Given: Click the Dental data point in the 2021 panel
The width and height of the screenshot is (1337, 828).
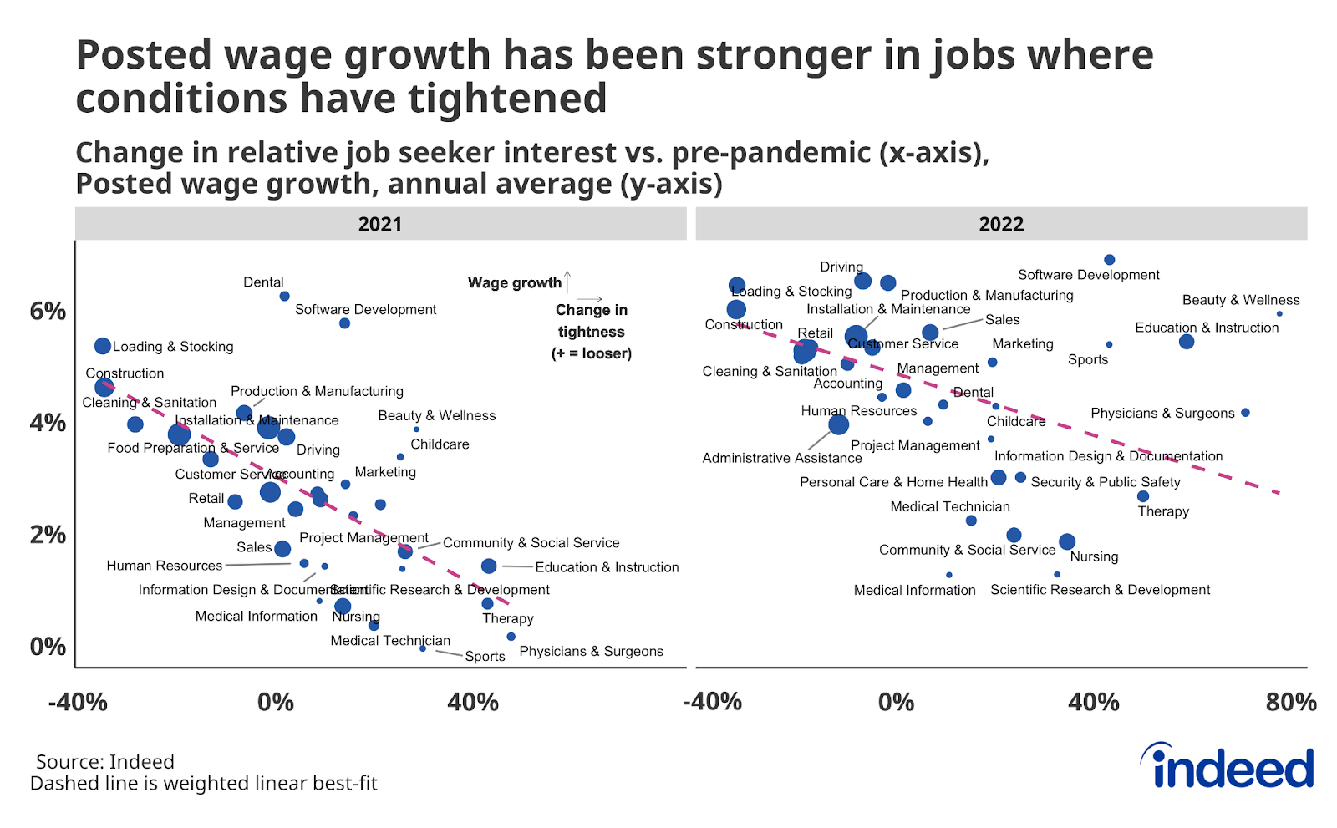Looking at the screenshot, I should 284,296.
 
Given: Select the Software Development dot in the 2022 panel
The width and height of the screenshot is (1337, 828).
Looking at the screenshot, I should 1109,260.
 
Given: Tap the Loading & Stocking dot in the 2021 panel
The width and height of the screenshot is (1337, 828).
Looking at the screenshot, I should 103,346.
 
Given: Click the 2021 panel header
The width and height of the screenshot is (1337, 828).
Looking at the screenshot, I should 380,224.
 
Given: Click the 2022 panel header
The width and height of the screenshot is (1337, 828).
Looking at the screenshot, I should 1001,224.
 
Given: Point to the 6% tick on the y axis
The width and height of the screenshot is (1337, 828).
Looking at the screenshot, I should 48,312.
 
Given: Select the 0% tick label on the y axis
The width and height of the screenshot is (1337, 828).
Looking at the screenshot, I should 48,647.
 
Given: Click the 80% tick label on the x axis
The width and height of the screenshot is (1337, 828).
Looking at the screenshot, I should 1290,702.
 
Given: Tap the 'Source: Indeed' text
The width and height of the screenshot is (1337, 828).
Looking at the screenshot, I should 105,762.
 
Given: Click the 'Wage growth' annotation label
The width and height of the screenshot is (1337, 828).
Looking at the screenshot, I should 514,282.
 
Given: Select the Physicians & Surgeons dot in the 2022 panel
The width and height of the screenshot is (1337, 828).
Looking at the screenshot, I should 1245,413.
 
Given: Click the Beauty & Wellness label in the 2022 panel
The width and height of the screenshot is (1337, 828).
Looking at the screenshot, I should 1240,300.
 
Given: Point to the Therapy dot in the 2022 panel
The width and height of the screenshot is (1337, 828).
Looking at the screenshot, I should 1143,496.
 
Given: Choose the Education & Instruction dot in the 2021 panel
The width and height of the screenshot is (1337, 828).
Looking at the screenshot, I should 489,566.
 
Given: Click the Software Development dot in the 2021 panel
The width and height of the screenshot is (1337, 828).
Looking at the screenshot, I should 344,323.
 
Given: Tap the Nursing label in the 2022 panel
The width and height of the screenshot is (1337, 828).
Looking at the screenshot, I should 1094,556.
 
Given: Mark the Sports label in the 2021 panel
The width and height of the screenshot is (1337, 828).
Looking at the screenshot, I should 485,656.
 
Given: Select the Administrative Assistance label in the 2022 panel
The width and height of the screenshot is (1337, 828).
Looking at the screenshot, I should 781,458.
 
